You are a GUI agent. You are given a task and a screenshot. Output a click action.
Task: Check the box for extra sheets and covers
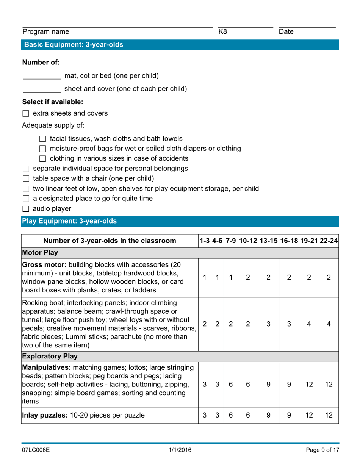pos(26,113)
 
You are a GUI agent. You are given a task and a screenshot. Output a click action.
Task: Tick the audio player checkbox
pos(26,209)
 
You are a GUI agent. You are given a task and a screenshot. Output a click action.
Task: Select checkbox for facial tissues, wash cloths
pos(42,139)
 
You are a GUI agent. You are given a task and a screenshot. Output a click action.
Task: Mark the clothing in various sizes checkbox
pos(42,159)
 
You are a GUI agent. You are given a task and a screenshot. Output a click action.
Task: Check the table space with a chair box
pos(26,178)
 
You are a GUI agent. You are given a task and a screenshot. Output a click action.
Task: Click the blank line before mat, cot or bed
pos(41,76)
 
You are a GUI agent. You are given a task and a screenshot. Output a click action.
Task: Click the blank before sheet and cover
pos(41,89)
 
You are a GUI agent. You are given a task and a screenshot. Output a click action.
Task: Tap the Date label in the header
pos(286,32)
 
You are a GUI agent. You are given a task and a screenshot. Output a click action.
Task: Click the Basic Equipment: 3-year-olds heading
pos(74,45)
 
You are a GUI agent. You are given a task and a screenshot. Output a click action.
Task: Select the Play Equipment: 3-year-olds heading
pos(70,221)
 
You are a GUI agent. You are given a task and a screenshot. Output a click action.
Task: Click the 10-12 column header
pos(248,241)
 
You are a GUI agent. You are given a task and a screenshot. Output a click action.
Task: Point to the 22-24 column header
pos(329,241)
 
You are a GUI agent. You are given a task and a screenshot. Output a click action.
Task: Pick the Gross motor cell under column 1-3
pos(205,277)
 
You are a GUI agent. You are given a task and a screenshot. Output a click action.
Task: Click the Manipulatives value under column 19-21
pos(309,384)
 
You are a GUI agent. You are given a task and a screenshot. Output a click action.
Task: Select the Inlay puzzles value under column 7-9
pos(230,415)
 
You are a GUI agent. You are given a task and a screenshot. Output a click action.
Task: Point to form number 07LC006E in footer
pos(36,450)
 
